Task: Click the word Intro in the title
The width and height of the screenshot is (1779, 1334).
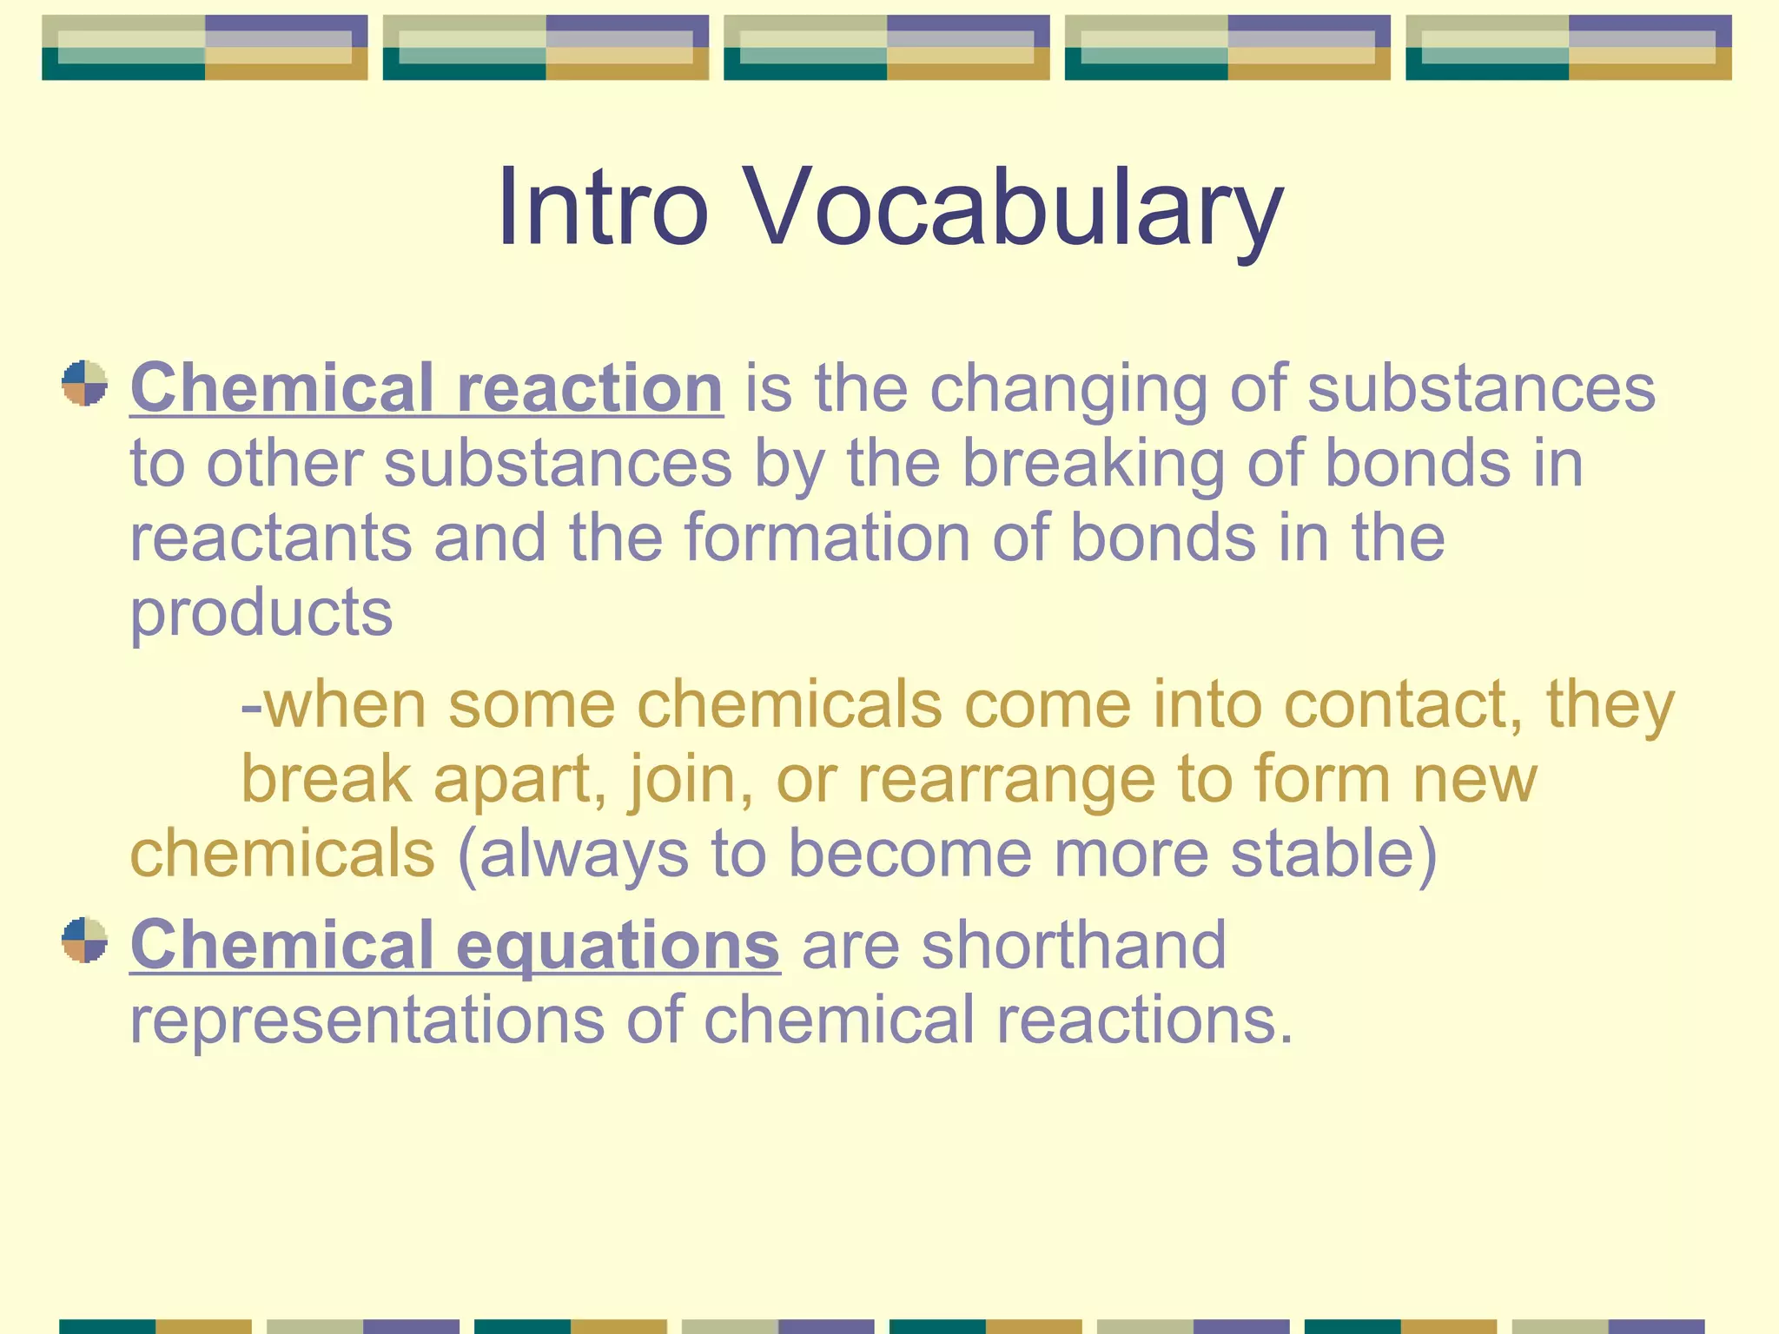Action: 602,208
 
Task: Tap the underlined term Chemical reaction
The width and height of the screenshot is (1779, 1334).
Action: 426,387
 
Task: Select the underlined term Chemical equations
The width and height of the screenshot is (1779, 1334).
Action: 454,944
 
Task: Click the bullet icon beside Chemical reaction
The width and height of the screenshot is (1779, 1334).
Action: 84,383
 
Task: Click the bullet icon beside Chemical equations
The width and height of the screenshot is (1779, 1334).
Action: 84,940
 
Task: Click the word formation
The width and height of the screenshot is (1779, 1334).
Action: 827,538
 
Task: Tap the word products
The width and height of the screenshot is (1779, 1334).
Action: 261,612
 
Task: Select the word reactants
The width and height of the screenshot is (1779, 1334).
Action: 270,538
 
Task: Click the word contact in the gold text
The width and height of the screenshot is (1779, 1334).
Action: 1402,703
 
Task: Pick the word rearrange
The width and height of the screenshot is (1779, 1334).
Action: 1007,779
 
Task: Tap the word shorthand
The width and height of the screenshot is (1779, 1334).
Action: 1074,944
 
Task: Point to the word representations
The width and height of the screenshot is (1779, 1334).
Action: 367,1019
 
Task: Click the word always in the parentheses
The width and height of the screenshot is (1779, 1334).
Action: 584,854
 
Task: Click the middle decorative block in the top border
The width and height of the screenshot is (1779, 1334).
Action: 887,48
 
